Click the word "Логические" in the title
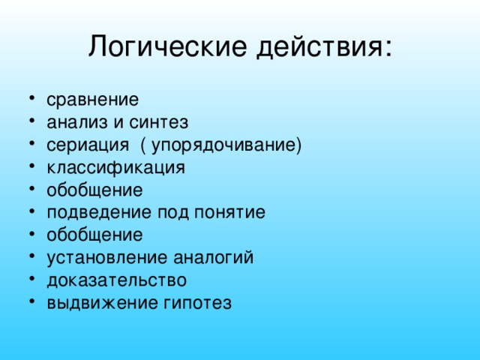168,46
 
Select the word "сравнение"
93,100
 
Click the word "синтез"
158,122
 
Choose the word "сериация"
88,145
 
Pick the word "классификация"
116,168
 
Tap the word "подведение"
99,212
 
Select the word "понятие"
229,212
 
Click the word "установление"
106,258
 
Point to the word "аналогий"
214,257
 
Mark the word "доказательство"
117,280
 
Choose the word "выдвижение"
103,303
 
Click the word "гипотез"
197,303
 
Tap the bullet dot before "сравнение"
31,98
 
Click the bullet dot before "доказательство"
31,279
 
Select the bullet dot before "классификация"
31,166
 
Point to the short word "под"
173,213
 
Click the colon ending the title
388,48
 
